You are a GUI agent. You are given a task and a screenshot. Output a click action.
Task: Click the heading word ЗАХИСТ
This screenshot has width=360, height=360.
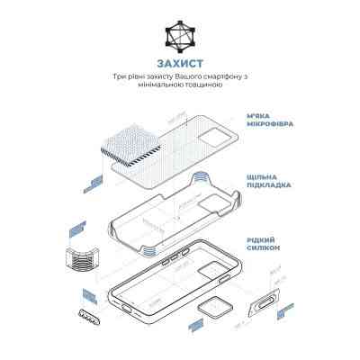coord(180,64)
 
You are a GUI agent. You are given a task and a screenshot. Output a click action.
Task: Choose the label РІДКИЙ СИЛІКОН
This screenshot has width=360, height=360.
coord(261,243)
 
